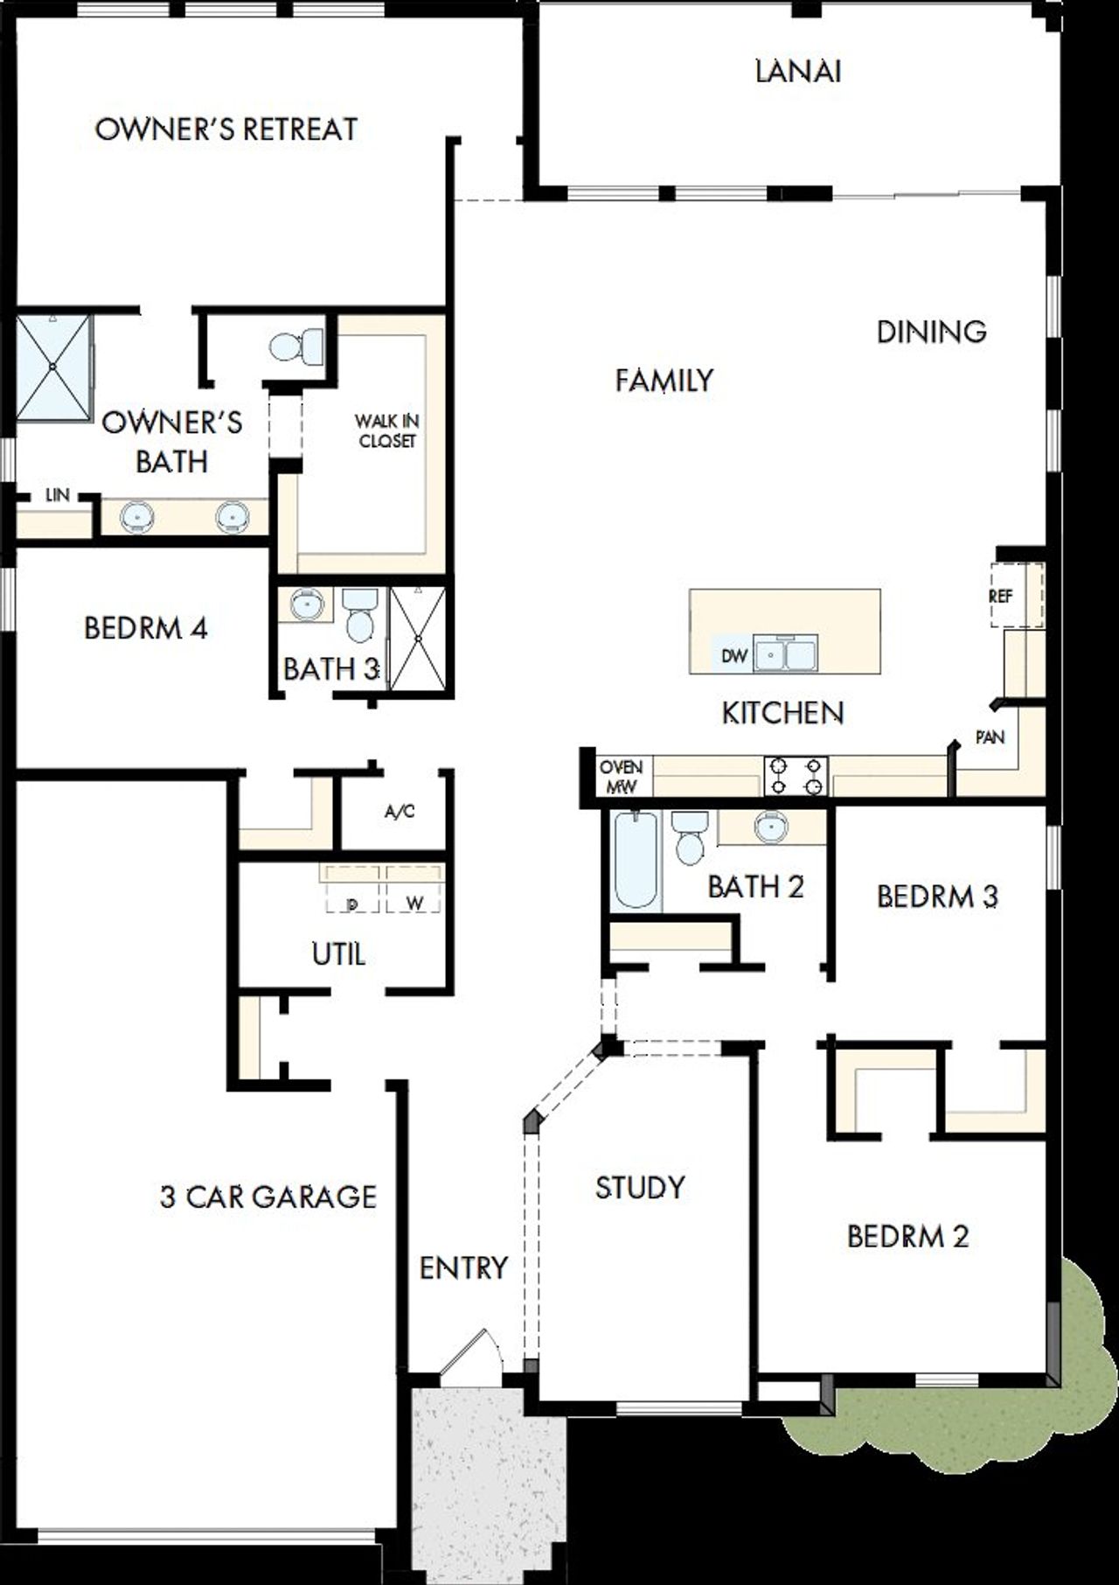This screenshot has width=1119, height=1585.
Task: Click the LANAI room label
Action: (797, 71)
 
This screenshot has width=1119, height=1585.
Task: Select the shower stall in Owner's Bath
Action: (54, 367)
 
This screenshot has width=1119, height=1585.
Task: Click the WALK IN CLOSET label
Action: (386, 431)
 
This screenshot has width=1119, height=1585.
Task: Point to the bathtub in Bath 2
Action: (634, 861)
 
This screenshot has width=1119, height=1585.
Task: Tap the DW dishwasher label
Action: (733, 655)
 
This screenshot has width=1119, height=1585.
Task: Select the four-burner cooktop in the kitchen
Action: (796, 775)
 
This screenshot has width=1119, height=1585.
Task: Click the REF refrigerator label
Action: (1000, 597)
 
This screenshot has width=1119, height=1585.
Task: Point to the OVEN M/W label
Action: (621, 777)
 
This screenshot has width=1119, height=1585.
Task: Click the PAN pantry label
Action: (990, 737)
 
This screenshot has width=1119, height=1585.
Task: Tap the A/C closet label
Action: (400, 812)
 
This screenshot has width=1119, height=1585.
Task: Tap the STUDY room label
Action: (640, 1187)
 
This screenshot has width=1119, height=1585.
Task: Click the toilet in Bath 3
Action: (360, 615)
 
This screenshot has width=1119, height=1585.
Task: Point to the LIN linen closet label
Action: (57, 495)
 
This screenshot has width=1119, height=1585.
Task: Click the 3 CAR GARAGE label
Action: (268, 1196)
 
